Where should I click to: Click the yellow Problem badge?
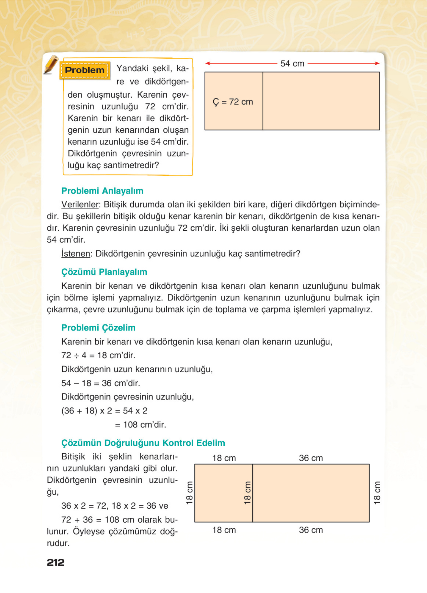[x=84, y=70]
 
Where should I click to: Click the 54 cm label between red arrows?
[x=292, y=64]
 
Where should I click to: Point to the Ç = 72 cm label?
[x=233, y=102]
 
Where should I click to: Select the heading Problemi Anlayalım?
[x=102, y=191]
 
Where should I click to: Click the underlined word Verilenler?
[x=80, y=205]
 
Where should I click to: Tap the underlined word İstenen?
[x=76, y=253]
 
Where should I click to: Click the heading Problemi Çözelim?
[x=98, y=327]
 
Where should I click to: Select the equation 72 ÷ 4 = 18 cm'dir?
[x=98, y=355]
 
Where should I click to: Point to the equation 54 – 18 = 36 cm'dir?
[x=101, y=383]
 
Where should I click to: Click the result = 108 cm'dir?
[x=140, y=424]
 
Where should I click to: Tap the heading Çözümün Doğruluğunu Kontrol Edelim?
[x=143, y=443]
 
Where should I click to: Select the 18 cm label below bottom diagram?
[x=224, y=530]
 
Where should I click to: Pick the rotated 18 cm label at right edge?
[x=377, y=493]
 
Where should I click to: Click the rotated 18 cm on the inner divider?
[x=247, y=493]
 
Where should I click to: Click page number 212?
[x=56, y=562]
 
